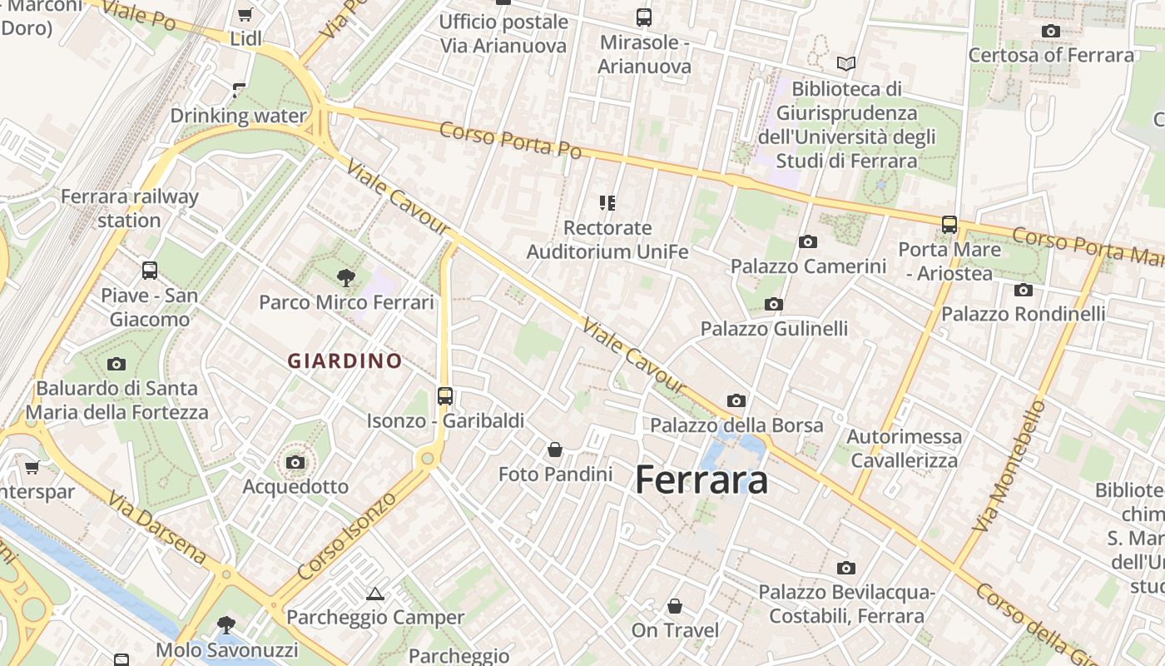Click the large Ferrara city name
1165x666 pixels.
point(701,480)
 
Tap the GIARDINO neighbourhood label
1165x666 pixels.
point(345,360)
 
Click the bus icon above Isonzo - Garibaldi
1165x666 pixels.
point(445,396)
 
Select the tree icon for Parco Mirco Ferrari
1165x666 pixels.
point(345,278)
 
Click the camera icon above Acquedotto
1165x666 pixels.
point(295,462)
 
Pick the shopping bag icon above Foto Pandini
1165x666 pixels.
point(555,450)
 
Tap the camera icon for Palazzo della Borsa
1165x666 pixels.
point(736,401)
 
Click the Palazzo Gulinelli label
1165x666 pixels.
point(774,329)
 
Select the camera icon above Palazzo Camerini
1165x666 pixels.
point(807,242)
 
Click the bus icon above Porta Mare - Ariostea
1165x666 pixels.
point(949,225)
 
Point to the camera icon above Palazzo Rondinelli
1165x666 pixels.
point(1023,290)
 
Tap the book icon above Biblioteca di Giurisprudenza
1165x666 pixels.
point(846,63)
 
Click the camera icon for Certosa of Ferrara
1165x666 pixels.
point(1051,32)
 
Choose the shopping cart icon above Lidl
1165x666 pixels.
point(245,14)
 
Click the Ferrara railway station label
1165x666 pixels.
point(130,208)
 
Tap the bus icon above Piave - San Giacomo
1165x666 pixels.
point(150,271)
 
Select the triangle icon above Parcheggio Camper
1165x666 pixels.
point(374,594)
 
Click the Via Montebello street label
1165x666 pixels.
point(1008,466)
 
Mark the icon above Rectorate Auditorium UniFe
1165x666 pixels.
point(607,202)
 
